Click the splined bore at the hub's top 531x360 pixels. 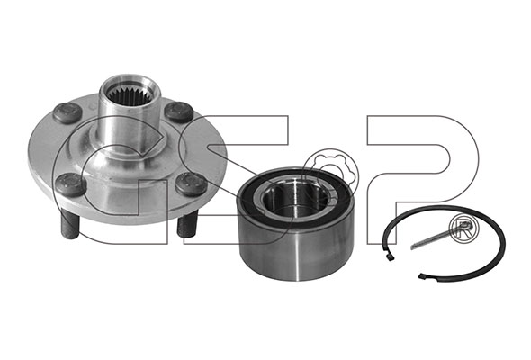click(x=130, y=93)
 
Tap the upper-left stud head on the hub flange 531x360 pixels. click(x=67, y=113)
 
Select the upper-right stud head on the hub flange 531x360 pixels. click(x=178, y=112)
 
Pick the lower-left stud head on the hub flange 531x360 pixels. click(x=71, y=184)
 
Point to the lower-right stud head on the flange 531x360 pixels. click(x=192, y=184)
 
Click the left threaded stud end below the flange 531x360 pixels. click(x=70, y=223)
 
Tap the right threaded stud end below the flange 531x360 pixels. click(x=187, y=222)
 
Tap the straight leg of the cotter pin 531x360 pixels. click(x=431, y=239)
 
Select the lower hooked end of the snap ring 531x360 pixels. click(x=423, y=276)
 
